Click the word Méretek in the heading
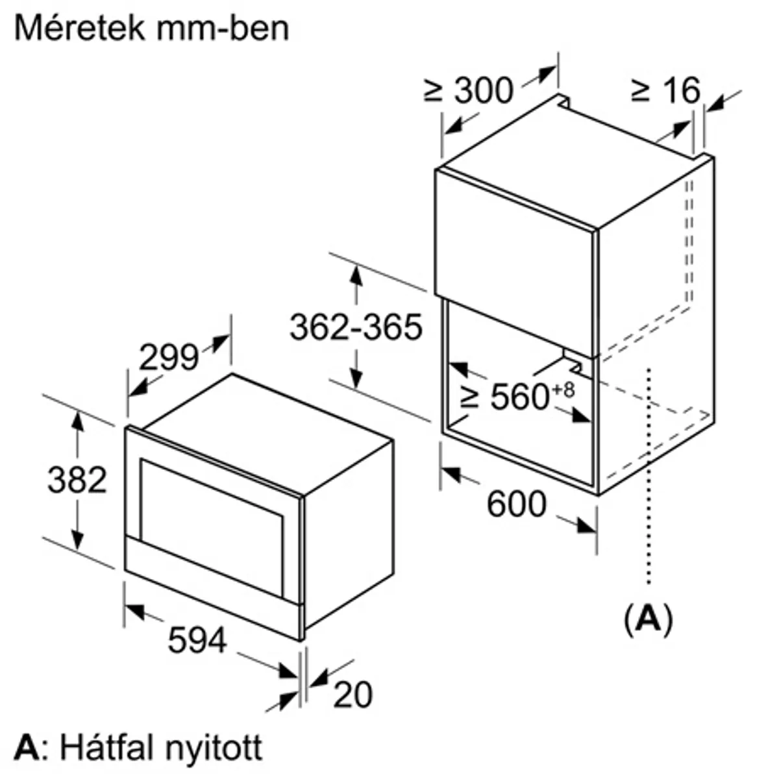pyautogui.click(x=80, y=29)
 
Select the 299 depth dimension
pyautogui.click(x=169, y=357)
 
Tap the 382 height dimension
pyautogui.click(x=77, y=480)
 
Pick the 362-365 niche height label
pyautogui.click(x=356, y=327)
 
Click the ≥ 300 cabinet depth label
pyautogui.click(x=468, y=90)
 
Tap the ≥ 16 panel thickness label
pyautogui.click(x=665, y=90)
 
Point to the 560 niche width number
pyautogui.click(x=519, y=397)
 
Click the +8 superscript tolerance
pyautogui.click(x=563, y=390)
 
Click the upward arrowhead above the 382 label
pyautogui.click(x=77, y=422)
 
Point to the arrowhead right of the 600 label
pyautogui.click(x=587, y=526)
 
